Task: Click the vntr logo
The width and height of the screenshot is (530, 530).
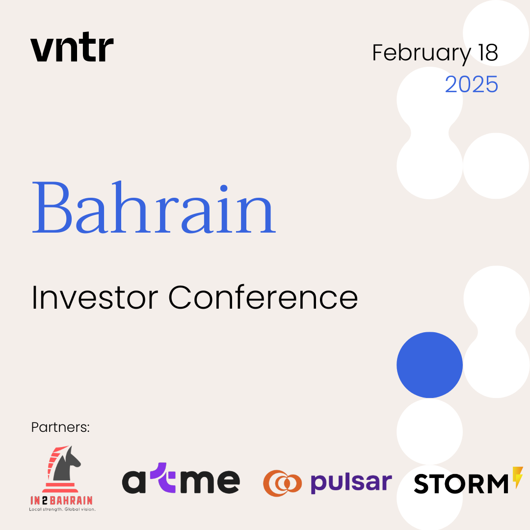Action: point(72,47)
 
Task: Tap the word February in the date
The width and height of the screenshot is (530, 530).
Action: point(422,53)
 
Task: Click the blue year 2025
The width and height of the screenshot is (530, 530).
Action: point(472,84)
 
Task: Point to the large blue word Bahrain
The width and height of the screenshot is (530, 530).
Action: point(154,207)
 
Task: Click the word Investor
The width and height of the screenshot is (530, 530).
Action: point(95,297)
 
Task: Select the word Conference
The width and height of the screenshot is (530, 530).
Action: point(263,297)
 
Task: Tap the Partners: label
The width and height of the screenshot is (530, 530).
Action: point(60,427)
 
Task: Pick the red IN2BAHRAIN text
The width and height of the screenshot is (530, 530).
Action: point(61,500)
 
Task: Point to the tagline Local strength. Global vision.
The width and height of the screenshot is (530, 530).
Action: point(62,509)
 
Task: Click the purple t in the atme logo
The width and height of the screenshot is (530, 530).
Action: point(163,477)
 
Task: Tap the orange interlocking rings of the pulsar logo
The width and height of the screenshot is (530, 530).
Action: point(282,483)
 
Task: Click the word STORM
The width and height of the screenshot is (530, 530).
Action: point(461,483)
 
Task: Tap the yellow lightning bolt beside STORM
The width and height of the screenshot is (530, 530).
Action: point(518,477)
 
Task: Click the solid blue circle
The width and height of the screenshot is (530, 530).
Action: point(429,365)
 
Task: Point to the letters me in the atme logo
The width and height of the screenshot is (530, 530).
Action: point(209,482)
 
